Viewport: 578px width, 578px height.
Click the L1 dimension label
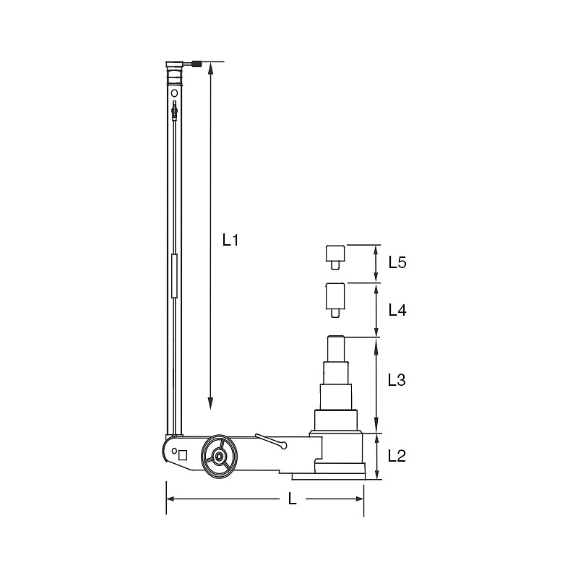tap(230, 240)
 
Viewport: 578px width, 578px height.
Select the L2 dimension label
tap(397, 456)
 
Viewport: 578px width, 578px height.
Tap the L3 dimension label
tap(397, 380)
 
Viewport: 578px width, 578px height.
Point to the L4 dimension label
tap(397, 311)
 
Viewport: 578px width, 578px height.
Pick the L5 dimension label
tap(397, 262)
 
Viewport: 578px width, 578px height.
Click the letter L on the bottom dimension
tap(293, 499)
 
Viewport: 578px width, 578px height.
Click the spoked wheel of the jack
tap(220, 457)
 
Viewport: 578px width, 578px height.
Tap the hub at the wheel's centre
tap(220, 457)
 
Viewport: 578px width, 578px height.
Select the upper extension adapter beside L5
tap(335, 257)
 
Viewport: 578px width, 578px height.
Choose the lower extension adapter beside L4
tap(335, 301)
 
